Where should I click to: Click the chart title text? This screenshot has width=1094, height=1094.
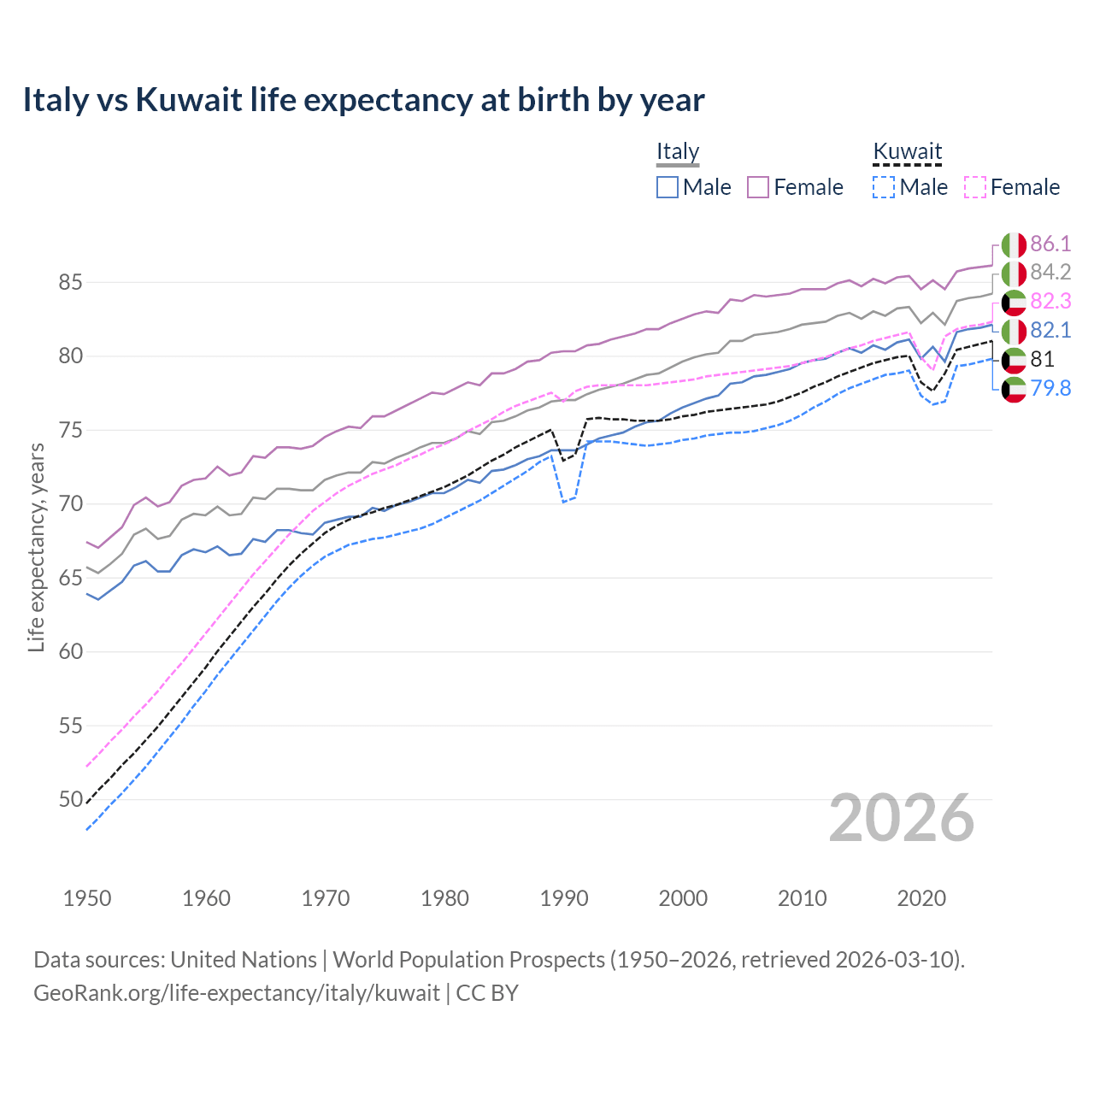(363, 100)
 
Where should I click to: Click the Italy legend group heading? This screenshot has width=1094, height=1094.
(678, 151)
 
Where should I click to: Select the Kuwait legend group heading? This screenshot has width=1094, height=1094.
(907, 151)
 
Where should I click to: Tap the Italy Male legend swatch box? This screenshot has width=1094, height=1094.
(668, 187)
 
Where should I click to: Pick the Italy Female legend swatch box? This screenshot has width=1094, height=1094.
(758, 187)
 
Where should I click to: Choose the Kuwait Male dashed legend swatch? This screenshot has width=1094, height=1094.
(884, 187)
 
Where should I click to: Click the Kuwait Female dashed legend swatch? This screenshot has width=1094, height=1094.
(975, 187)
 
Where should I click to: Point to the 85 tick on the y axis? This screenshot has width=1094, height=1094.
(70, 282)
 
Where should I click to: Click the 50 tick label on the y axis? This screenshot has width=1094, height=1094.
(70, 800)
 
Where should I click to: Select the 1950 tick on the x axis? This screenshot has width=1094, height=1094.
(87, 898)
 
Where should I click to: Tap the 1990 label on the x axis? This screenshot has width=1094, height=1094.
(564, 898)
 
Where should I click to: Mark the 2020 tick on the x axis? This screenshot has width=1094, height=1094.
(921, 898)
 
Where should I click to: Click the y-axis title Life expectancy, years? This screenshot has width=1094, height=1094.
(36, 547)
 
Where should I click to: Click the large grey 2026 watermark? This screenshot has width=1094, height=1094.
(901, 818)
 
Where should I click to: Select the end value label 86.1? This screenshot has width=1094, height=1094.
(1050, 244)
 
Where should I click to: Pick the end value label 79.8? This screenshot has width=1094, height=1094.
(1050, 389)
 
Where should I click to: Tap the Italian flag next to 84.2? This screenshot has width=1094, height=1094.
(1014, 273)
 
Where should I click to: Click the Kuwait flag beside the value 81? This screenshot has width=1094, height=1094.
(1014, 360)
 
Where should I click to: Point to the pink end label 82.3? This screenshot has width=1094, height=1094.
(1050, 302)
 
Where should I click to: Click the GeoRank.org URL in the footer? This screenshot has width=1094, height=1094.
(236, 993)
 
